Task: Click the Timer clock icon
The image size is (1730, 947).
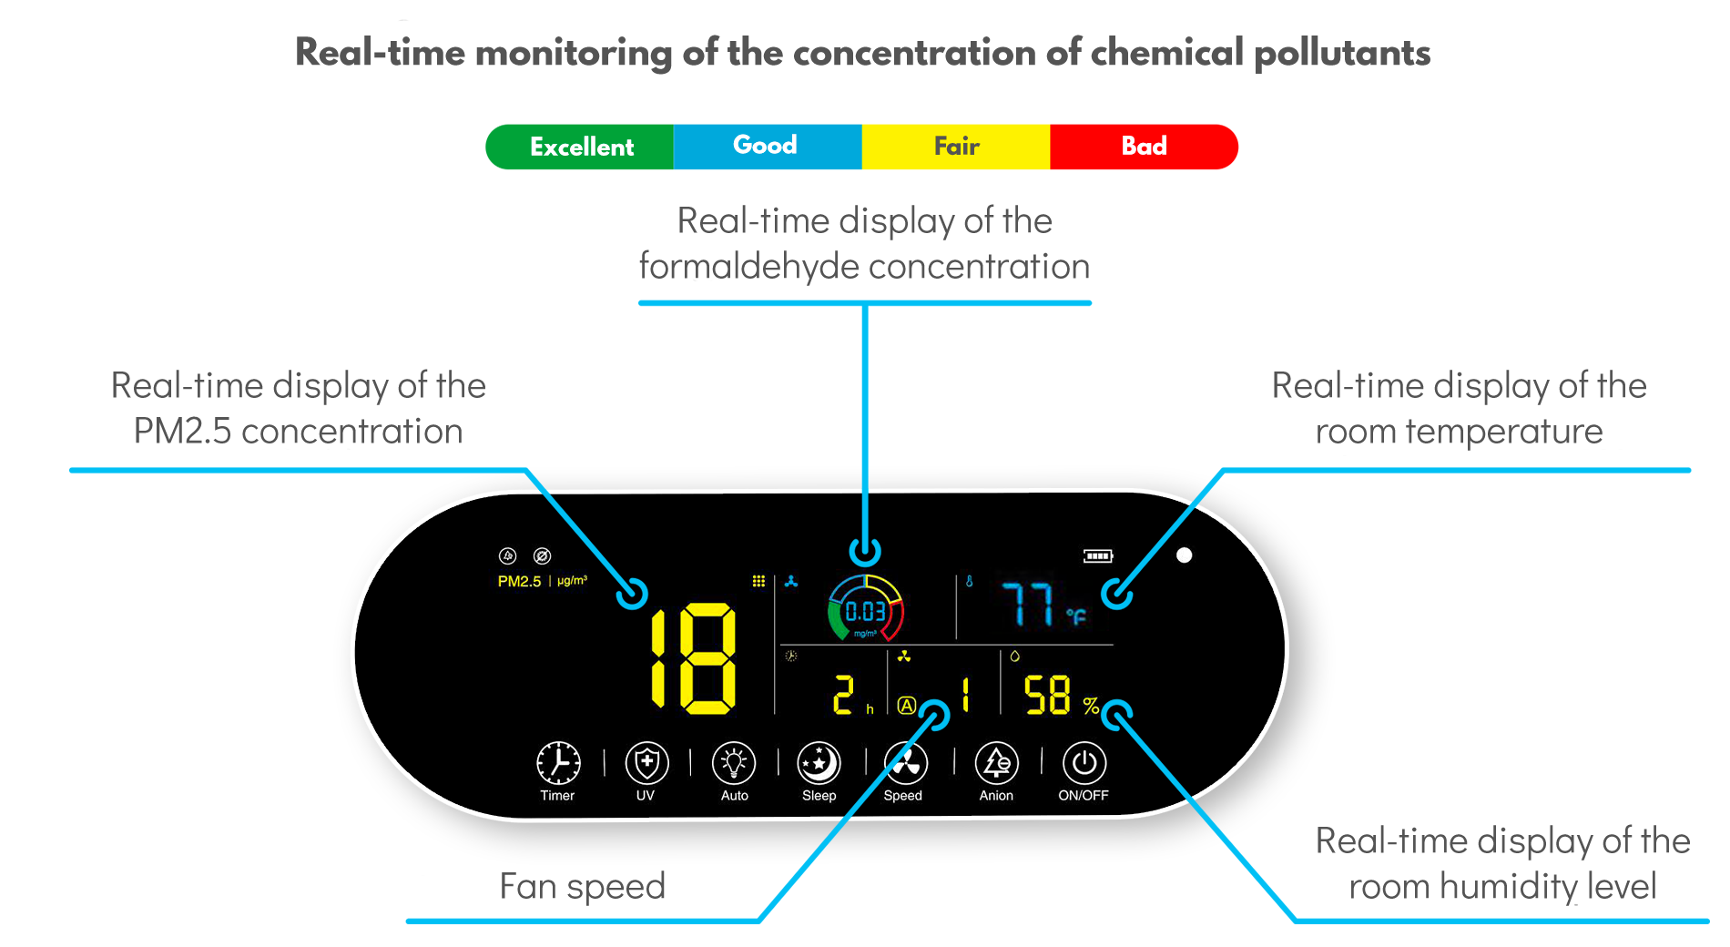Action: pos(558,763)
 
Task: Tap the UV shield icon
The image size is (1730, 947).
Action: pos(646,763)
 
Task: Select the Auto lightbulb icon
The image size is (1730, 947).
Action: pos(734,763)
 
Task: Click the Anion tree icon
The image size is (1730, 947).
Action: pos(997,763)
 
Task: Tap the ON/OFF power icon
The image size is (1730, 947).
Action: pos(1084,763)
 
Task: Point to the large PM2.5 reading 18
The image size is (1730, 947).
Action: pos(693,658)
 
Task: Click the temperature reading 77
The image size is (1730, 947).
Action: pos(1028,605)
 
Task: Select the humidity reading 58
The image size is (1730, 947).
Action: pos(1047,696)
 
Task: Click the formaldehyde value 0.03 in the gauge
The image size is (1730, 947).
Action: pos(865,611)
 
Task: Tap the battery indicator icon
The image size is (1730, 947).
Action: pos(1098,555)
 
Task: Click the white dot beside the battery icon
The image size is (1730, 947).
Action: pos(1184,555)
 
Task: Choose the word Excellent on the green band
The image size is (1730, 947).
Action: pos(582,147)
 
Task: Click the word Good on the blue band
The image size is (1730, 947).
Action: pos(765,145)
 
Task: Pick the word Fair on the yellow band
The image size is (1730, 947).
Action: pos(956,146)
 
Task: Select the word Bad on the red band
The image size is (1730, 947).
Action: pos(1144,146)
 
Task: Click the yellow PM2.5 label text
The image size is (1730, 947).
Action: pos(519,581)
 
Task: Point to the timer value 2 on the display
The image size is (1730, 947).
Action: pos(844,695)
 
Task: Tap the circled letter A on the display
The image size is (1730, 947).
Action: pos(906,706)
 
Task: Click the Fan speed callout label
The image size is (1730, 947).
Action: pos(583,887)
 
